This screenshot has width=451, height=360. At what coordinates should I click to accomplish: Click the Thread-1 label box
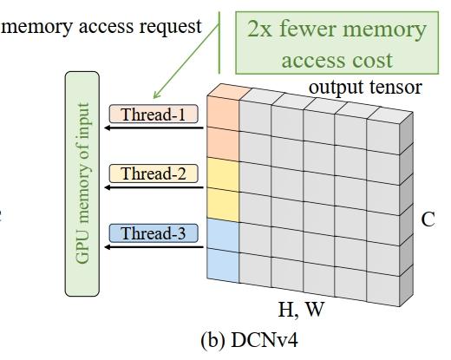154,114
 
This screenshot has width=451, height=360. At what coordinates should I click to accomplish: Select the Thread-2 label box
154,173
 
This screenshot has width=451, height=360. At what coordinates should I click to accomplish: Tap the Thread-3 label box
154,232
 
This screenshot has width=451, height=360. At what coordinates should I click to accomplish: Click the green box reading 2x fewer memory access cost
337,44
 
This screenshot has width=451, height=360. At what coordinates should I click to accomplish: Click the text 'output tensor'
365,88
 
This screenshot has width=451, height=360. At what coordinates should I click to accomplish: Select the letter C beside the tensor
428,219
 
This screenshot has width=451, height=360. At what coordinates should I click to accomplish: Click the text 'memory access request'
102,26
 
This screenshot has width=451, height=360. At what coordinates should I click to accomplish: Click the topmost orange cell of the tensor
221,114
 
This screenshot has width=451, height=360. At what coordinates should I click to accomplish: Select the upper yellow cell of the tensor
221,173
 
